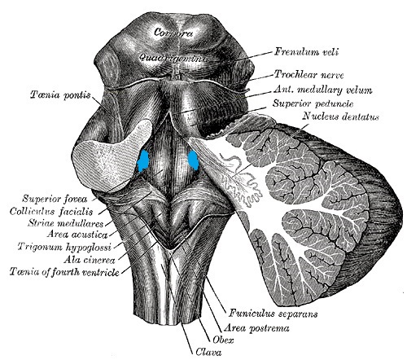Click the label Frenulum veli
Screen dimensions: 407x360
coord(306,51)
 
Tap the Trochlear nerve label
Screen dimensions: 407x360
coord(309,74)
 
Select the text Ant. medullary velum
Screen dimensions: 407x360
coord(322,90)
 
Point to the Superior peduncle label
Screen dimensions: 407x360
coord(313,103)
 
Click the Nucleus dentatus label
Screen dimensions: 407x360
coord(341,116)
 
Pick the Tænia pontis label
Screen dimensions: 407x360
coord(60,95)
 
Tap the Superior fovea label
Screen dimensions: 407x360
coord(55,199)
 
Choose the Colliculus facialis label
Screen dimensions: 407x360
coord(51,211)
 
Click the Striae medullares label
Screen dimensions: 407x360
coord(66,223)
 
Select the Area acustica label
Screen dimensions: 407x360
coord(77,235)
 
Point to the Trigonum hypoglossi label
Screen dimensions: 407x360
coord(64,247)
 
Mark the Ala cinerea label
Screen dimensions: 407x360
coord(90,260)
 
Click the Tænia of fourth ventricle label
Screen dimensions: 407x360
coord(64,272)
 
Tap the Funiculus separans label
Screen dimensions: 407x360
coord(274,314)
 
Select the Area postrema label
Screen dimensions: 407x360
coord(256,328)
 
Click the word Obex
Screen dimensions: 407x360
coord(223,340)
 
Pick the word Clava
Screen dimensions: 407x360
coord(208,352)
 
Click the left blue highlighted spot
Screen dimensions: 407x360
coord(143,161)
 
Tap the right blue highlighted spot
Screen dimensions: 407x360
coord(194,160)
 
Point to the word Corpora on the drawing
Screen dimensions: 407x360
coord(173,33)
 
